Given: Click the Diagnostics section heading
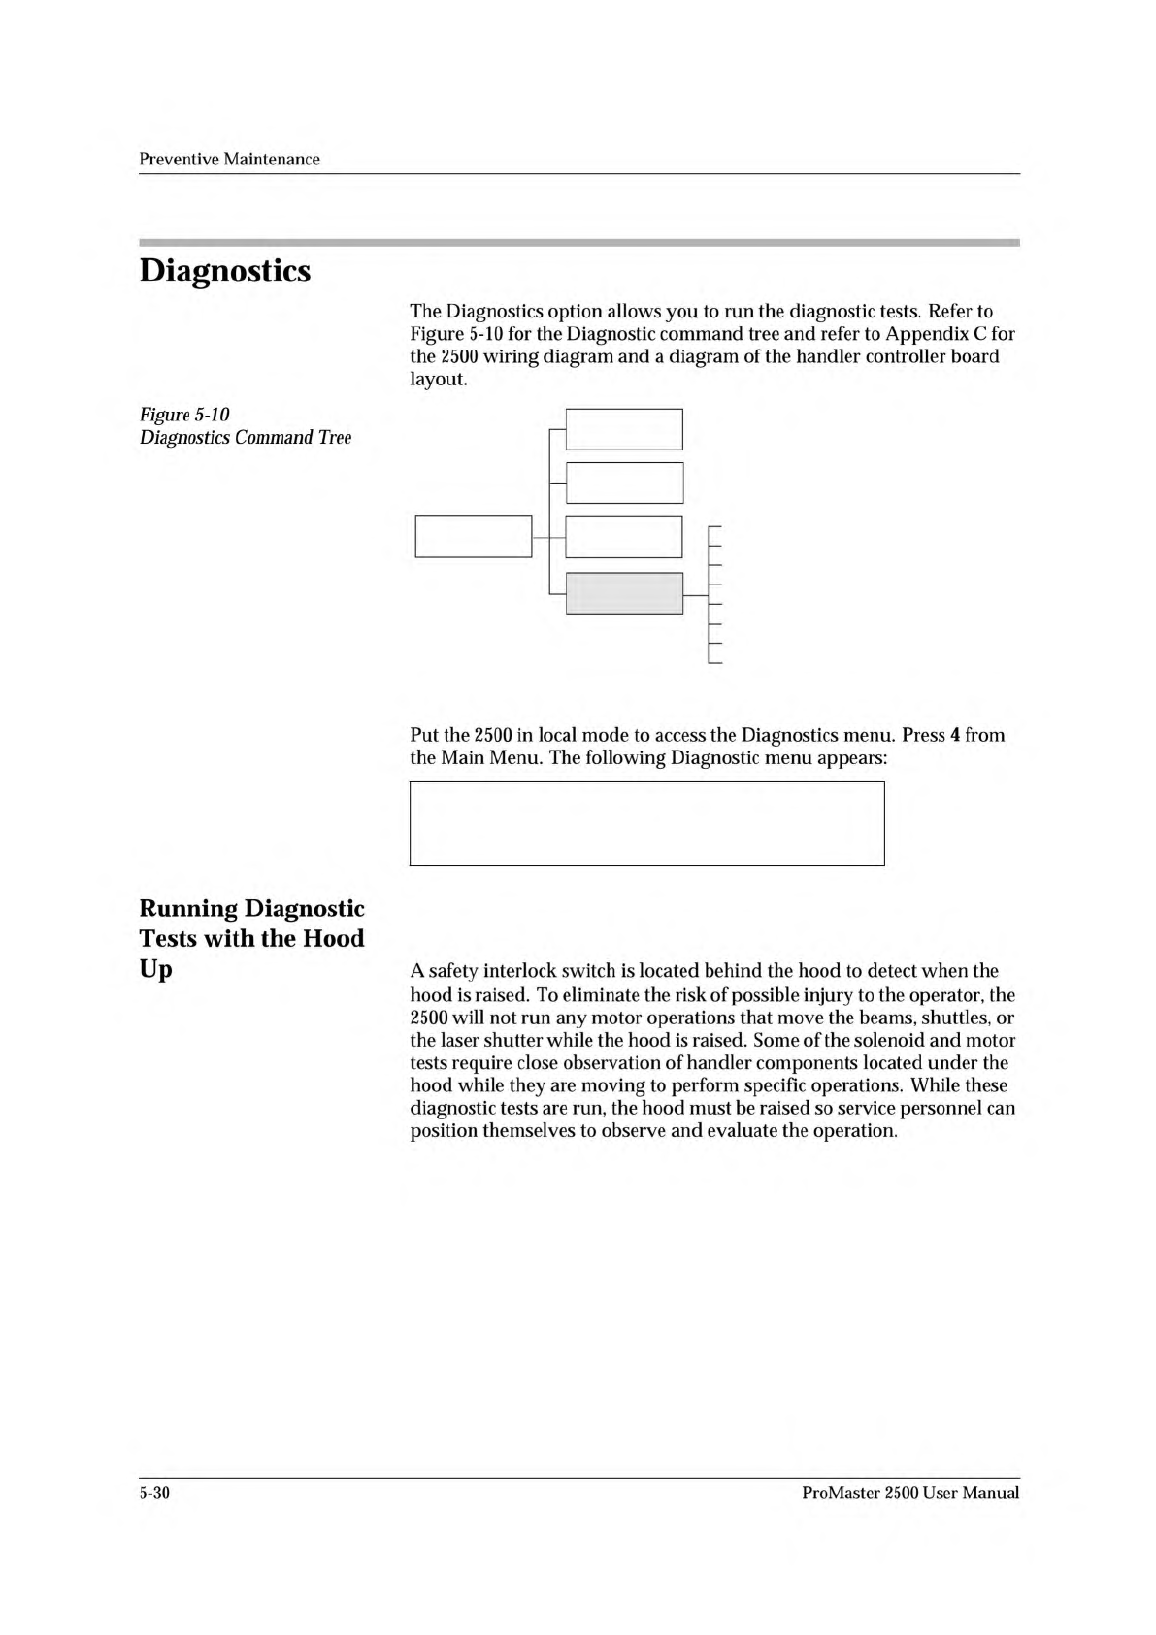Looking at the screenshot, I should (225, 270).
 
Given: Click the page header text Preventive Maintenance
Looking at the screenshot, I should (229, 159).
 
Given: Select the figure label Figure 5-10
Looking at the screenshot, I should (184, 416).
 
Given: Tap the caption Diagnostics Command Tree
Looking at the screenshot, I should (246, 438).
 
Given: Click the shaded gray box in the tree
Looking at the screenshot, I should (624, 593).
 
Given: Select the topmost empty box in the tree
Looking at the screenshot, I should (624, 429).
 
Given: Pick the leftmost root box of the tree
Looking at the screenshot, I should (474, 536).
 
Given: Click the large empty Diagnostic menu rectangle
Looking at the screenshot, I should (646, 822).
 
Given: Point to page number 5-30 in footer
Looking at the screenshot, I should (155, 1493).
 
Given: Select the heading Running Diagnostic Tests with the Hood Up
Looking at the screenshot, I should (251, 938).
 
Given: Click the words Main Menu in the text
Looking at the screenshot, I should (492, 757).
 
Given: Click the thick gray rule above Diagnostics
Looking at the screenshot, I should (578, 240).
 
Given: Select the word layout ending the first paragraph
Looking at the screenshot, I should (435, 379).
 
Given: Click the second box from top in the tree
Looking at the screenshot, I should (624, 483).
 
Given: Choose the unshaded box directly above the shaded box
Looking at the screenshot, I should (624, 537).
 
